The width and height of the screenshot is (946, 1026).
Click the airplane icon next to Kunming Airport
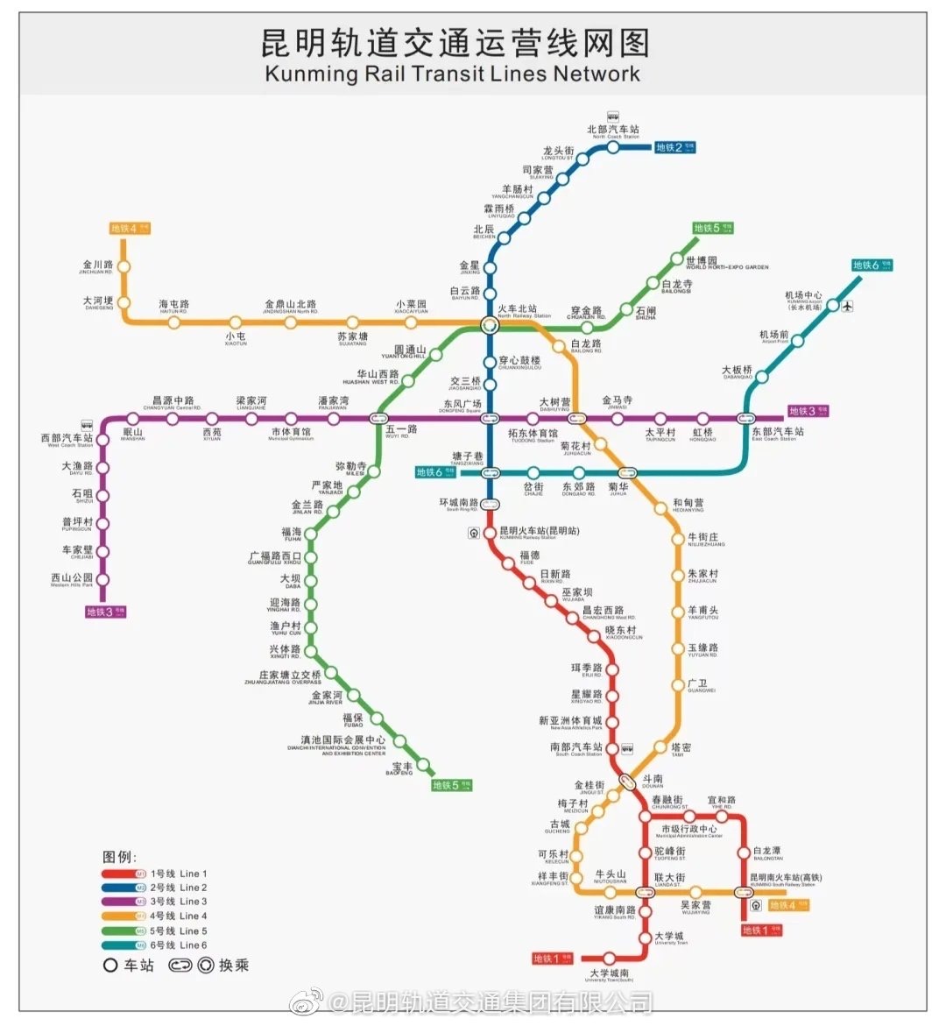847,306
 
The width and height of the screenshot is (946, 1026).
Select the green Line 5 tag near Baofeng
452,785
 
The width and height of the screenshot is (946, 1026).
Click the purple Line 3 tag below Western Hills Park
105,612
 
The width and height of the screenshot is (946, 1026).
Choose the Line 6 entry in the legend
156,945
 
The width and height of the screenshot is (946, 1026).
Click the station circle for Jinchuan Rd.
124,266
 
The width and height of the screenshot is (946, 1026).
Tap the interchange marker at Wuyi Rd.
379,419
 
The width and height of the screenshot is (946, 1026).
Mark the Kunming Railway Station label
539,532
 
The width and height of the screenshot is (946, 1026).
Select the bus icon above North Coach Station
613,116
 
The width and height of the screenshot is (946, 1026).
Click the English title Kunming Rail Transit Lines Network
452,74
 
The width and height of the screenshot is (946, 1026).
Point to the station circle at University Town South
610,959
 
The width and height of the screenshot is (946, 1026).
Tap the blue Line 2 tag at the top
674,147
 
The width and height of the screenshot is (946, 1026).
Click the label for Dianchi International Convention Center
337,745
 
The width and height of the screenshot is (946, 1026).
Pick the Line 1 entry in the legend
156,874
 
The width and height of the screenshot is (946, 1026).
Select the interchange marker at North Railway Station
490,325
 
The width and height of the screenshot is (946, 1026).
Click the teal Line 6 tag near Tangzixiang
436,472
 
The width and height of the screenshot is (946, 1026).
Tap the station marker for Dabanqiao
761,379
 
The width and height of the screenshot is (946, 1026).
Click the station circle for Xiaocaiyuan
411,322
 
